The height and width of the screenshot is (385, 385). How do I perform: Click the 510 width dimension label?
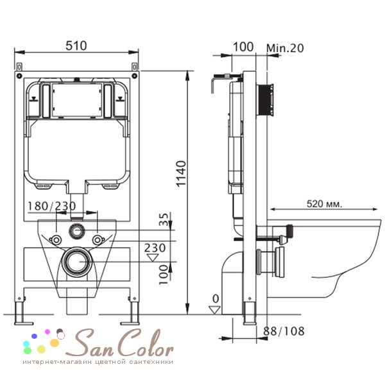[76, 46]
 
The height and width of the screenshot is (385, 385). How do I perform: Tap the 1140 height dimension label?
[182, 174]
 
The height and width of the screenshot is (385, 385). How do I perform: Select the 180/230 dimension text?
[52, 206]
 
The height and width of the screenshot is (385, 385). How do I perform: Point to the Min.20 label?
[285, 48]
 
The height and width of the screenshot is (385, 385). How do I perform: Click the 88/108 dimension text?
[284, 331]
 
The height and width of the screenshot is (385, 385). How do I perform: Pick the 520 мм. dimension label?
[324, 204]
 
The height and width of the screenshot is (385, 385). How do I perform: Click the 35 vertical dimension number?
[164, 219]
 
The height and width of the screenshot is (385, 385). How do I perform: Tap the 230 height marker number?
[155, 248]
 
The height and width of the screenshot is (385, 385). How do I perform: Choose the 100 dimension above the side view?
[243, 47]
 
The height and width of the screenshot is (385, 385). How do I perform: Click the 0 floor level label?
[216, 299]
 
